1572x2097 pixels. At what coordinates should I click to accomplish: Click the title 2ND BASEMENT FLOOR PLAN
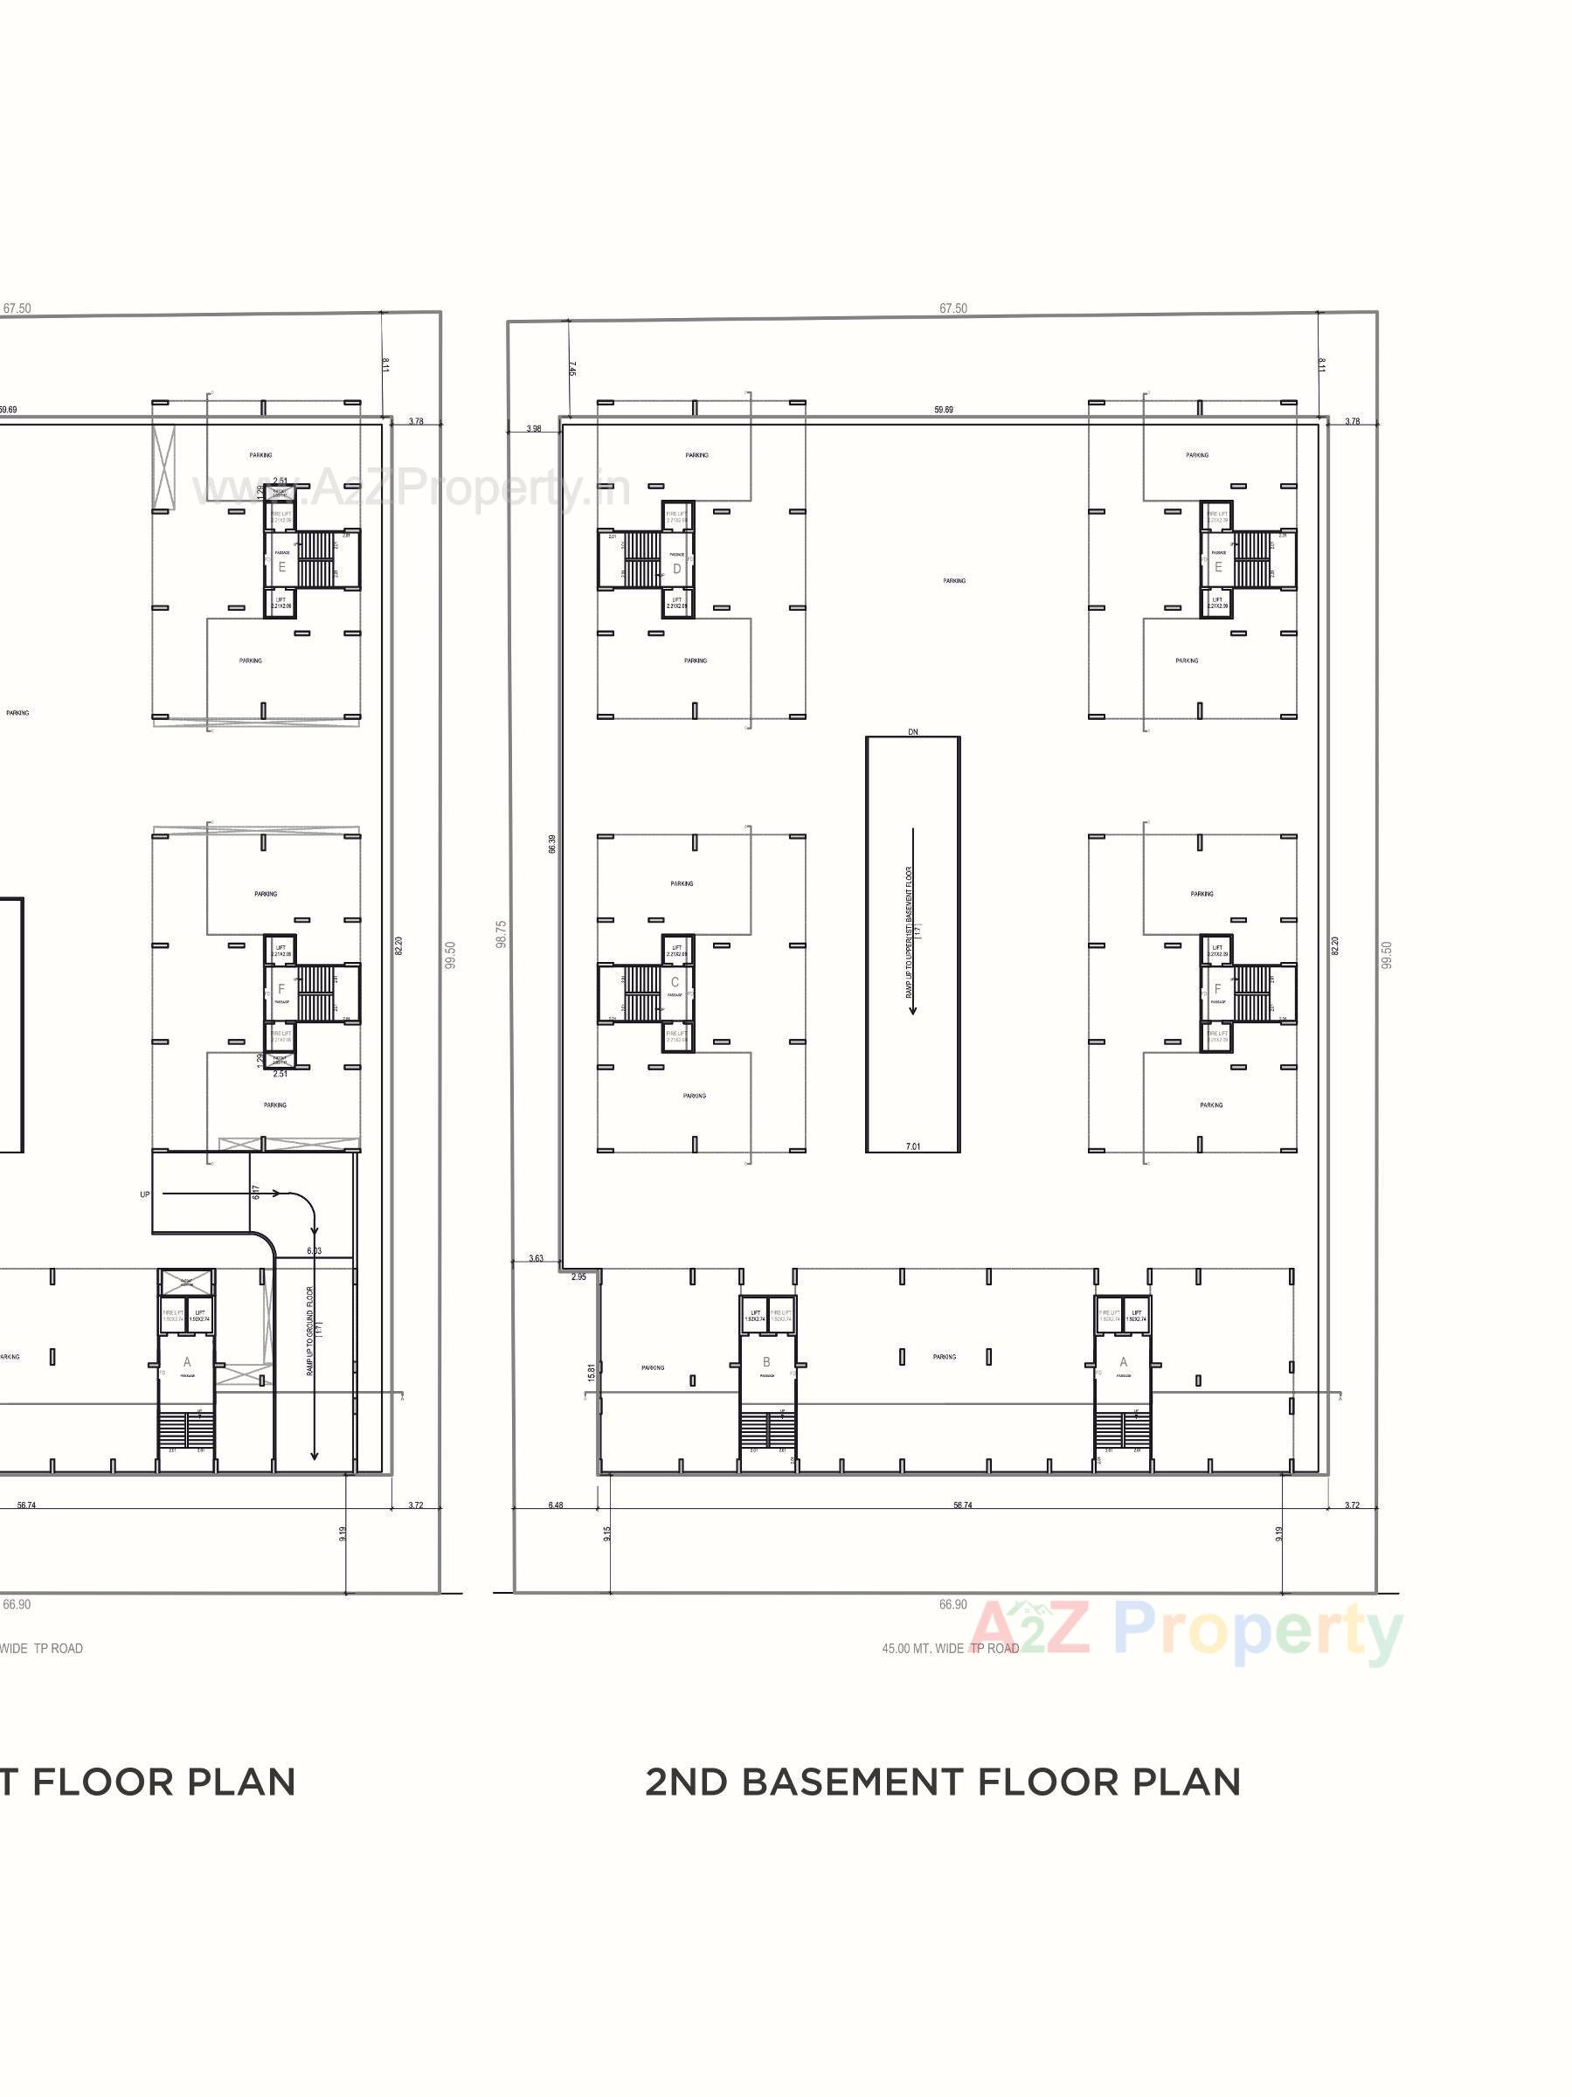coord(943,1782)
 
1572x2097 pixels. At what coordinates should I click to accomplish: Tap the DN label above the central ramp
coord(912,732)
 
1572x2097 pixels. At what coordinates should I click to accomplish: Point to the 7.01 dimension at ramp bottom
coord(912,1146)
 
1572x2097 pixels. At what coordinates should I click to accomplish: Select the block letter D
coord(676,569)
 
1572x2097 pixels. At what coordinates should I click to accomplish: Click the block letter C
coord(675,981)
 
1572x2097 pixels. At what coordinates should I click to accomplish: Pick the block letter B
coord(766,1362)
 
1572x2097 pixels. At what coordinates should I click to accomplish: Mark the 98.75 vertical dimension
coord(502,934)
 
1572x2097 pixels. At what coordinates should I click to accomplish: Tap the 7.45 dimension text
coord(572,369)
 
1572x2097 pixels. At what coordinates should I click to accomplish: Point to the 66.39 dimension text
coord(551,844)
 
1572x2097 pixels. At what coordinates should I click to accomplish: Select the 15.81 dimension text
coord(591,1372)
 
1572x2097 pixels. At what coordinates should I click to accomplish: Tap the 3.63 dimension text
coord(536,1259)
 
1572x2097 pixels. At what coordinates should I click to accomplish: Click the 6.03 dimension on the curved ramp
coord(314,1250)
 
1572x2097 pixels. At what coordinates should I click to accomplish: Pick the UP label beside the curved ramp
coord(145,1194)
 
